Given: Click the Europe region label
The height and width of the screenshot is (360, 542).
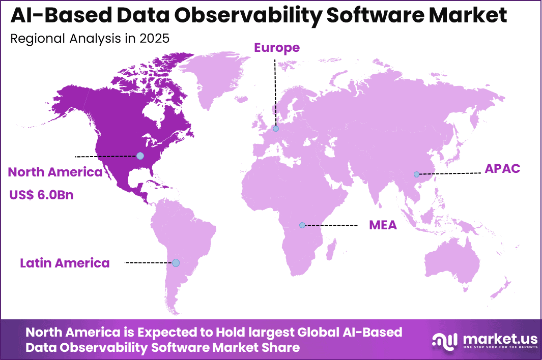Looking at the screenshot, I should click(x=277, y=48).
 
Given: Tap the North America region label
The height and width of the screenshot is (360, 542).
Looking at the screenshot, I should click(x=55, y=172).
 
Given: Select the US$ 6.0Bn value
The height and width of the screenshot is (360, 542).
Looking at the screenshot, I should click(x=41, y=194).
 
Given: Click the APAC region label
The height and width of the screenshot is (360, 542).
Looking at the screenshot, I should click(x=502, y=169).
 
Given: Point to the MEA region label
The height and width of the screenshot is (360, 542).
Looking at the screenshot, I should click(x=383, y=225).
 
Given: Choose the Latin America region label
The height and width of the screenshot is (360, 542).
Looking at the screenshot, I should click(x=65, y=263).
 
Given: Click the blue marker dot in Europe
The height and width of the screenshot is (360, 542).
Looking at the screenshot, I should click(x=276, y=129).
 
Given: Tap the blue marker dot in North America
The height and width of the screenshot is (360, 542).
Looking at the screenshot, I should click(x=140, y=156).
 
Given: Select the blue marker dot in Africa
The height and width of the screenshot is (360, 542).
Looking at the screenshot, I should click(x=302, y=225).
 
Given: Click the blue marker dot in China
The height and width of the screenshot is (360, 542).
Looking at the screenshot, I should click(x=417, y=174).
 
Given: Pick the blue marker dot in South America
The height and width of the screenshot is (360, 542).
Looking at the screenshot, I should click(x=176, y=263).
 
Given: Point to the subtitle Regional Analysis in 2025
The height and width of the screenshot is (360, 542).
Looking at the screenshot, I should click(x=90, y=39).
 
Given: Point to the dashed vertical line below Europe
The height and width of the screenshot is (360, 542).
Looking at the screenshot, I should click(x=275, y=92).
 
